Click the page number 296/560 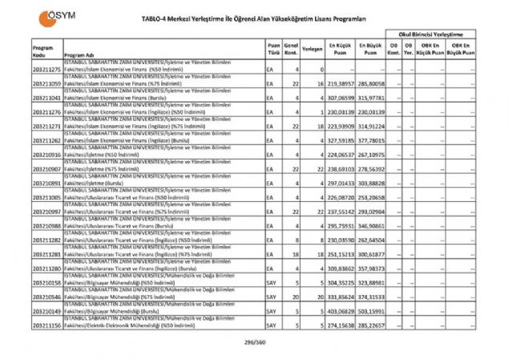point(254,342)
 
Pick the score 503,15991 point(371,311)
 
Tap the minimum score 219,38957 point(340,83)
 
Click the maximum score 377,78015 point(371,140)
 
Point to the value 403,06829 point(340,311)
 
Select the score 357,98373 point(371,268)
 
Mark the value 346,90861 point(371,225)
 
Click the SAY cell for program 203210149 point(271,311)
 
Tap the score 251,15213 point(340,254)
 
